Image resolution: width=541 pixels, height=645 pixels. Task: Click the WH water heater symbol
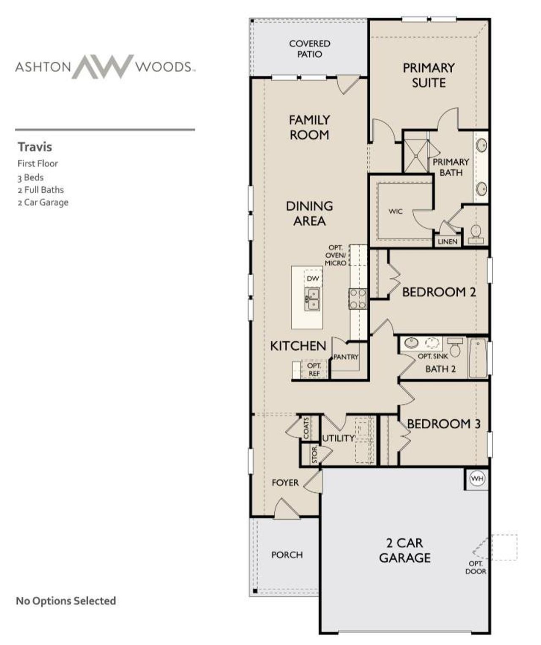point(477,479)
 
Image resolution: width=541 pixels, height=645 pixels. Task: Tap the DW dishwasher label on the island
point(313,279)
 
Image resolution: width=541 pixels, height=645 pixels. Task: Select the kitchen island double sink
point(312,299)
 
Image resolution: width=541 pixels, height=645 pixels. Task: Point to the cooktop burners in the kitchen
point(358,298)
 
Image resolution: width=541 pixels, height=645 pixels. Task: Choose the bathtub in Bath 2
point(478,358)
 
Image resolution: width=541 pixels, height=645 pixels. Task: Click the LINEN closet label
point(448,241)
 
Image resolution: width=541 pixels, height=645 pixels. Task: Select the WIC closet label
point(396,211)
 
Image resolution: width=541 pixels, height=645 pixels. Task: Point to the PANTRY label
point(346,357)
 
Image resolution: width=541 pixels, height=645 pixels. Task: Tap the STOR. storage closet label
point(314,455)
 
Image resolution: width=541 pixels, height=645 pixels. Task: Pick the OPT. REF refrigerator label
point(314,369)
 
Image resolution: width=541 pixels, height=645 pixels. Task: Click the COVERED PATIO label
point(309,49)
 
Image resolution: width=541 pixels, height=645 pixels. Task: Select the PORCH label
point(287,555)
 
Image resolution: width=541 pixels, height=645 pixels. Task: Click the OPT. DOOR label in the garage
point(476,568)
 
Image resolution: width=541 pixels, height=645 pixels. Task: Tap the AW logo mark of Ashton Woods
point(103,66)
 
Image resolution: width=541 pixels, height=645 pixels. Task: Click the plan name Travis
point(35,147)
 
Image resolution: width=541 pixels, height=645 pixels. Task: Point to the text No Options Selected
point(66,601)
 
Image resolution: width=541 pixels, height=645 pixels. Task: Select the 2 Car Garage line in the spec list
point(43,202)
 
